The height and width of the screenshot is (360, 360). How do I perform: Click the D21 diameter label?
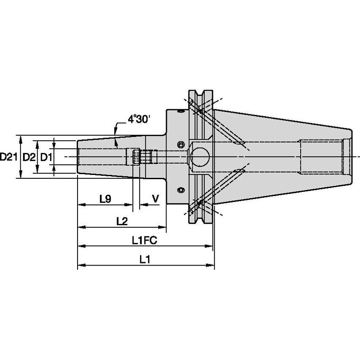8,157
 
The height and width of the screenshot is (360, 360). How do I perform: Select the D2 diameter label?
28,157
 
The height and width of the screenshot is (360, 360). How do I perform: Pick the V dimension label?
155,199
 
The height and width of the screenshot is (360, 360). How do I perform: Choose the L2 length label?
122,221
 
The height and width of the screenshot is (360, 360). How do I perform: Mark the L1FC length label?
144,240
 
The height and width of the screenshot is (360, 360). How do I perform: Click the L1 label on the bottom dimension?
145,260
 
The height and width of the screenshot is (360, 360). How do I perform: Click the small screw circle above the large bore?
181,144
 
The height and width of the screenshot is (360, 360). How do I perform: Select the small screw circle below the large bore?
181,190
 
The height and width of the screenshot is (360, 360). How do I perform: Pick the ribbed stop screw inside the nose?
135,157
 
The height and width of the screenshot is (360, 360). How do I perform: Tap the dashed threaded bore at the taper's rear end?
320,157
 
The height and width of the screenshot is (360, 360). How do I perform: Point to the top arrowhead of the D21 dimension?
21,138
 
